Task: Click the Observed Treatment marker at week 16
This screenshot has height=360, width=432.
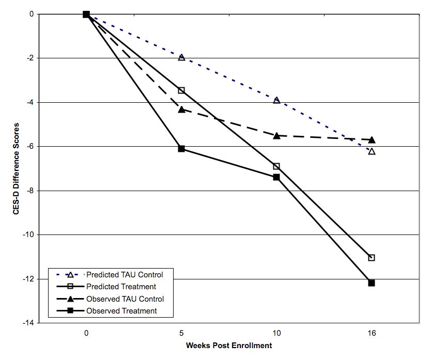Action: (371, 283)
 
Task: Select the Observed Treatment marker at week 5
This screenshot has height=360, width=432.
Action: (181, 149)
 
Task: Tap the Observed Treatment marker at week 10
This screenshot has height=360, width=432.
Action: (276, 177)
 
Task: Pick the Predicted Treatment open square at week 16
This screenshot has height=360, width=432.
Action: (371, 258)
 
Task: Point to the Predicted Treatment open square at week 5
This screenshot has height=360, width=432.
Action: (181, 90)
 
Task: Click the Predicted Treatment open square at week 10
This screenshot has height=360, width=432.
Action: (276, 166)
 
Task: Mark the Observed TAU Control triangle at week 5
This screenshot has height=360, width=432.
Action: (181, 109)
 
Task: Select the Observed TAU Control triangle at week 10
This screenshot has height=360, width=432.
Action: (276, 135)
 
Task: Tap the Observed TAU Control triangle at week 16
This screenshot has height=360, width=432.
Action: (371, 140)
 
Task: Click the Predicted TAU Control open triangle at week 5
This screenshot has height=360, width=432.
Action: (181, 57)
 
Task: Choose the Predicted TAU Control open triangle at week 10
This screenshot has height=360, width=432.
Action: (276, 100)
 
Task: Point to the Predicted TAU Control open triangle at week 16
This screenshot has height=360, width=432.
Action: (371, 151)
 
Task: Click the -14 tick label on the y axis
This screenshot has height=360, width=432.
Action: (27, 323)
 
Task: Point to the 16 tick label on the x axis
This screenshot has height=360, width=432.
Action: (371, 334)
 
